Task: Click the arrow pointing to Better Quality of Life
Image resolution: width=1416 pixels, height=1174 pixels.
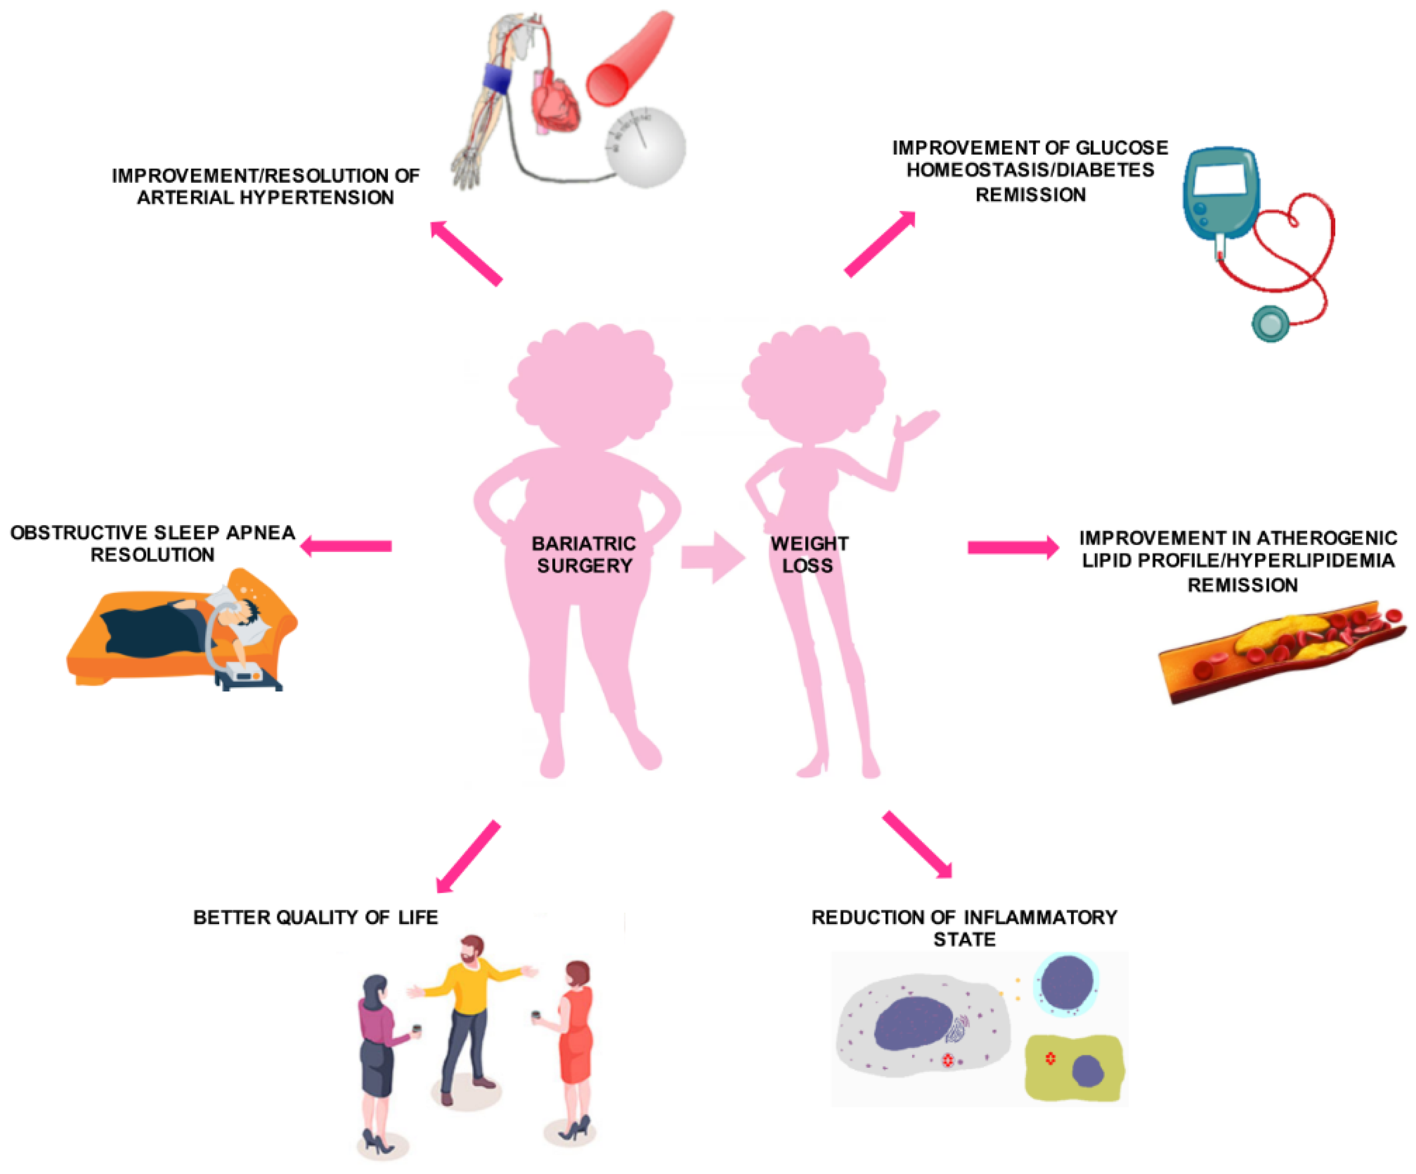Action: click(468, 856)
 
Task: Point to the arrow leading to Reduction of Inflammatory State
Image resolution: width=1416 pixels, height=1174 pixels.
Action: click(918, 844)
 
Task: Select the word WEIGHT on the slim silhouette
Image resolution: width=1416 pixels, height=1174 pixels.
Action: click(809, 544)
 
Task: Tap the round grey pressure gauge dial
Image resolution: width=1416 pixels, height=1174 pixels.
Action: click(646, 146)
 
